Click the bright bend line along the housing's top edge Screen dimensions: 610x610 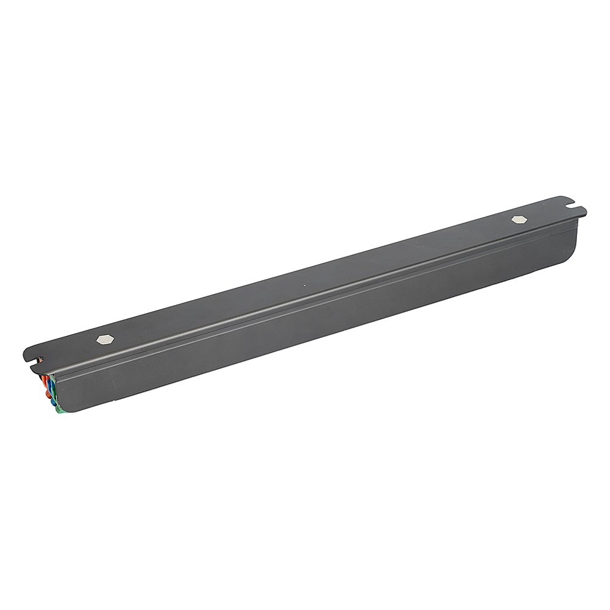tap(305, 299)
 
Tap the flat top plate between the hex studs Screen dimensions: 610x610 tap(305, 274)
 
